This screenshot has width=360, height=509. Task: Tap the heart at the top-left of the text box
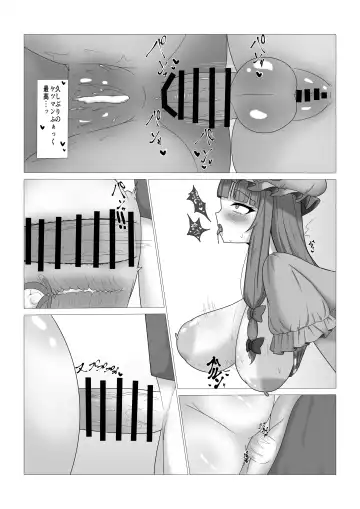coord(36,83)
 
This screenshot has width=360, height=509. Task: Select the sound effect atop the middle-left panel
coord(117,191)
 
